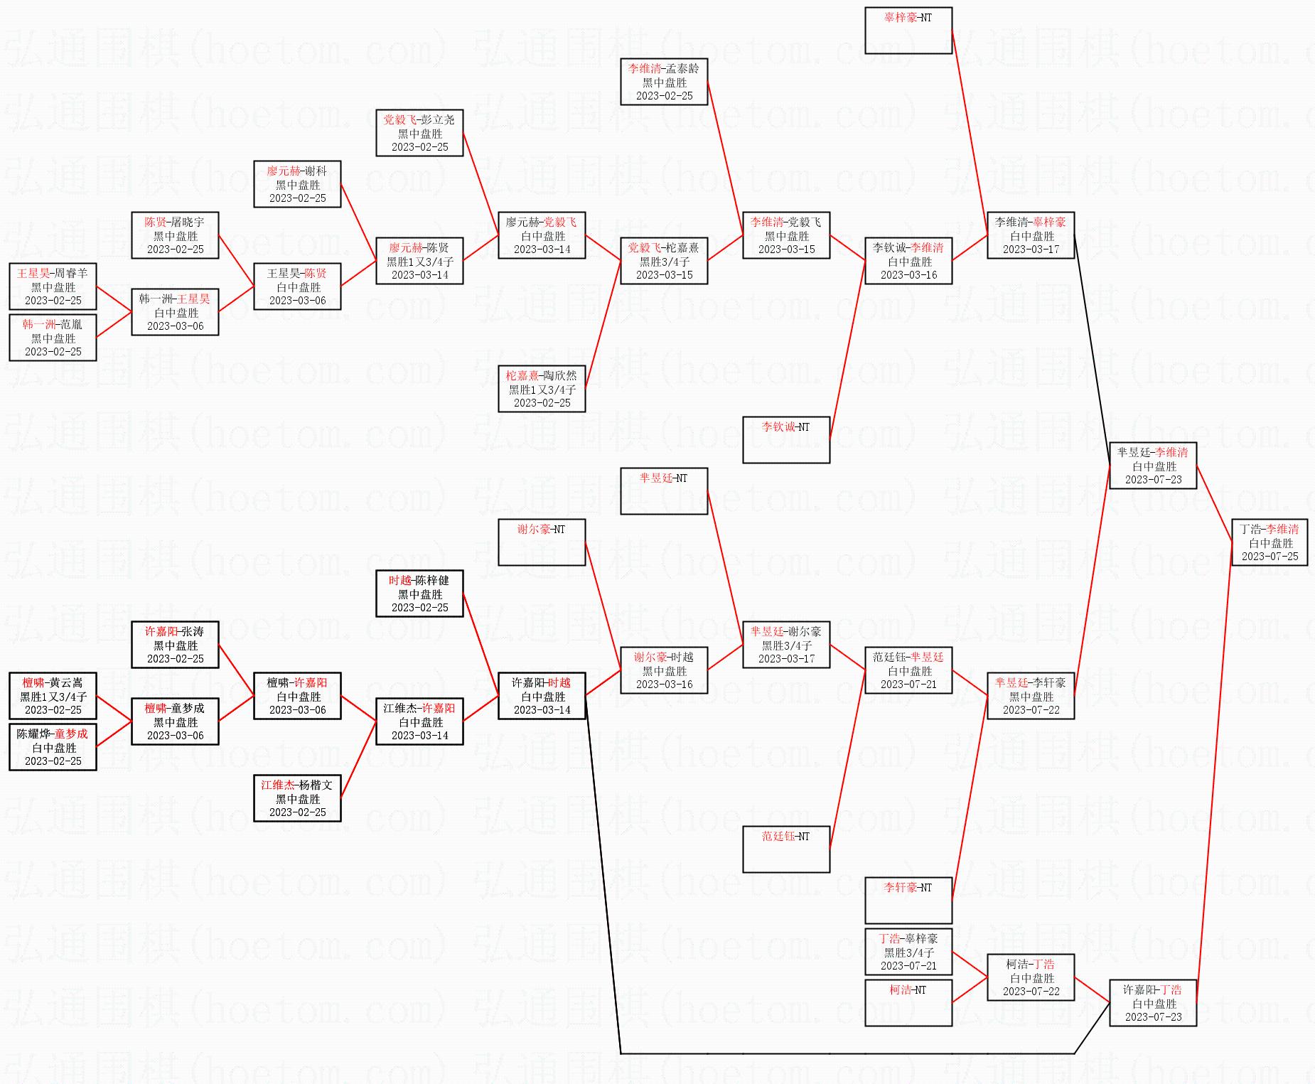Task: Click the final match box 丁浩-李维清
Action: point(1270,542)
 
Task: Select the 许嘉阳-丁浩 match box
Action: point(1153,1003)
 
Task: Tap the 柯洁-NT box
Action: point(908,1002)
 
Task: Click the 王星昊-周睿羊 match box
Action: point(53,286)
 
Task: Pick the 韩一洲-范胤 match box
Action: point(53,338)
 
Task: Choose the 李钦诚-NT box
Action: point(786,440)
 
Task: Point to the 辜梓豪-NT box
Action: point(908,31)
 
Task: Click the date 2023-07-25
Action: point(1270,557)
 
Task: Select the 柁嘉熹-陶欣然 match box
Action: point(542,389)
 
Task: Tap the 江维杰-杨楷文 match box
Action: point(297,798)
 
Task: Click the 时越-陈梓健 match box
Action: point(419,594)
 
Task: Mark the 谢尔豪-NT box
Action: point(542,542)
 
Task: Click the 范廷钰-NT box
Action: point(786,849)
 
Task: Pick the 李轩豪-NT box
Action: point(908,901)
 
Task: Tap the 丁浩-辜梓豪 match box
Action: point(908,952)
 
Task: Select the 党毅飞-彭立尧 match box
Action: point(419,133)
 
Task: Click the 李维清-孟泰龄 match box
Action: point(664,82)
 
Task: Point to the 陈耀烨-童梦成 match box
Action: point(53,747)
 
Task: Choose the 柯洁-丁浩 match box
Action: point(1031,977)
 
